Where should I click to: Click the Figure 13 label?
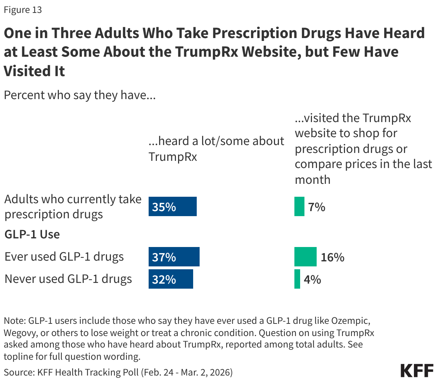(23, 10)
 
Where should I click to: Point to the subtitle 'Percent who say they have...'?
(79, 95)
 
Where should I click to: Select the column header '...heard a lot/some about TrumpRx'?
(216, 149)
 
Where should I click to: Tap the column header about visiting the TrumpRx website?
(363, 149)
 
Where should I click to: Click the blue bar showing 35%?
(173, 206)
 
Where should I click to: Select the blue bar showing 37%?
(174, 257)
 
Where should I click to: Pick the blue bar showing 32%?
(171, 279)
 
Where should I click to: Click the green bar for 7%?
(299, 206)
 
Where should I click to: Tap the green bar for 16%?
(305, 257)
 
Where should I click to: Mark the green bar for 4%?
(297, 279)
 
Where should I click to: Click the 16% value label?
(332, 257)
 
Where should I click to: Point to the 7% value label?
(317, 207)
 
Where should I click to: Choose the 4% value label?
(312, 279)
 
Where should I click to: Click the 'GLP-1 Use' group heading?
(32, 234)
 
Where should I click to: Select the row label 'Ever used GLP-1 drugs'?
(64, 257)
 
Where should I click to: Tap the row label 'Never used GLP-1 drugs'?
(68, 279)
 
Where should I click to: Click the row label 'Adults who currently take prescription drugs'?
(73, 206)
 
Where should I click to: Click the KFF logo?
(417, 370)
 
